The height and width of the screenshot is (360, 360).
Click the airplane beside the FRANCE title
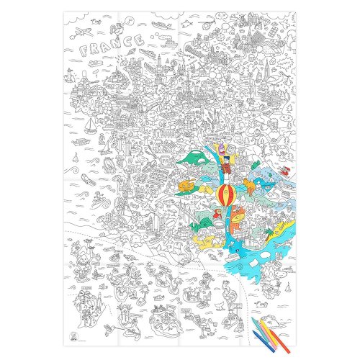tap(84, 31)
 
